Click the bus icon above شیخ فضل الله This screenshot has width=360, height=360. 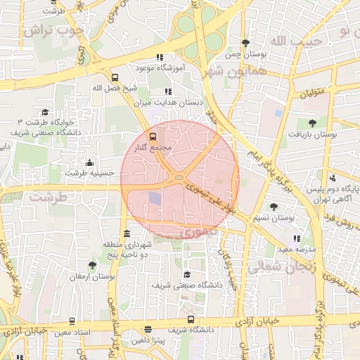pyautogui.click(x=115, y=77)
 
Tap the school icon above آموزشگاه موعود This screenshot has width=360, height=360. pyautogui.click(x=160, y=57)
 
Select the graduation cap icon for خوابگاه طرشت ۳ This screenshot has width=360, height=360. pyautogui.click(x=45, y=112)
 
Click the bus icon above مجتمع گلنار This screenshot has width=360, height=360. pyautogui.click(x=153, y=136)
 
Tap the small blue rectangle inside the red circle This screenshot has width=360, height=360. pyautogui.click(x=155, y=199)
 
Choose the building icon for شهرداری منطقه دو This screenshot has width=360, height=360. pyautogui.click(x=127, y=233)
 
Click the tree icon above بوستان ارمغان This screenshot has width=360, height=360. pyautogui.click(x=92, y=266)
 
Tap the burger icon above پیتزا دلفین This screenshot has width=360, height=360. pyautogui.click(x=148, y=329)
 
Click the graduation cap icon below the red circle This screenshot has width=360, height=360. pyautogui.click(x=186, y=274)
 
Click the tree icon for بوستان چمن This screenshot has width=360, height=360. pyautogui.click(x=245, y=43)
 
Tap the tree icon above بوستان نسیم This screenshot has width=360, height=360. pyautogui.click(x=274, y=207)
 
